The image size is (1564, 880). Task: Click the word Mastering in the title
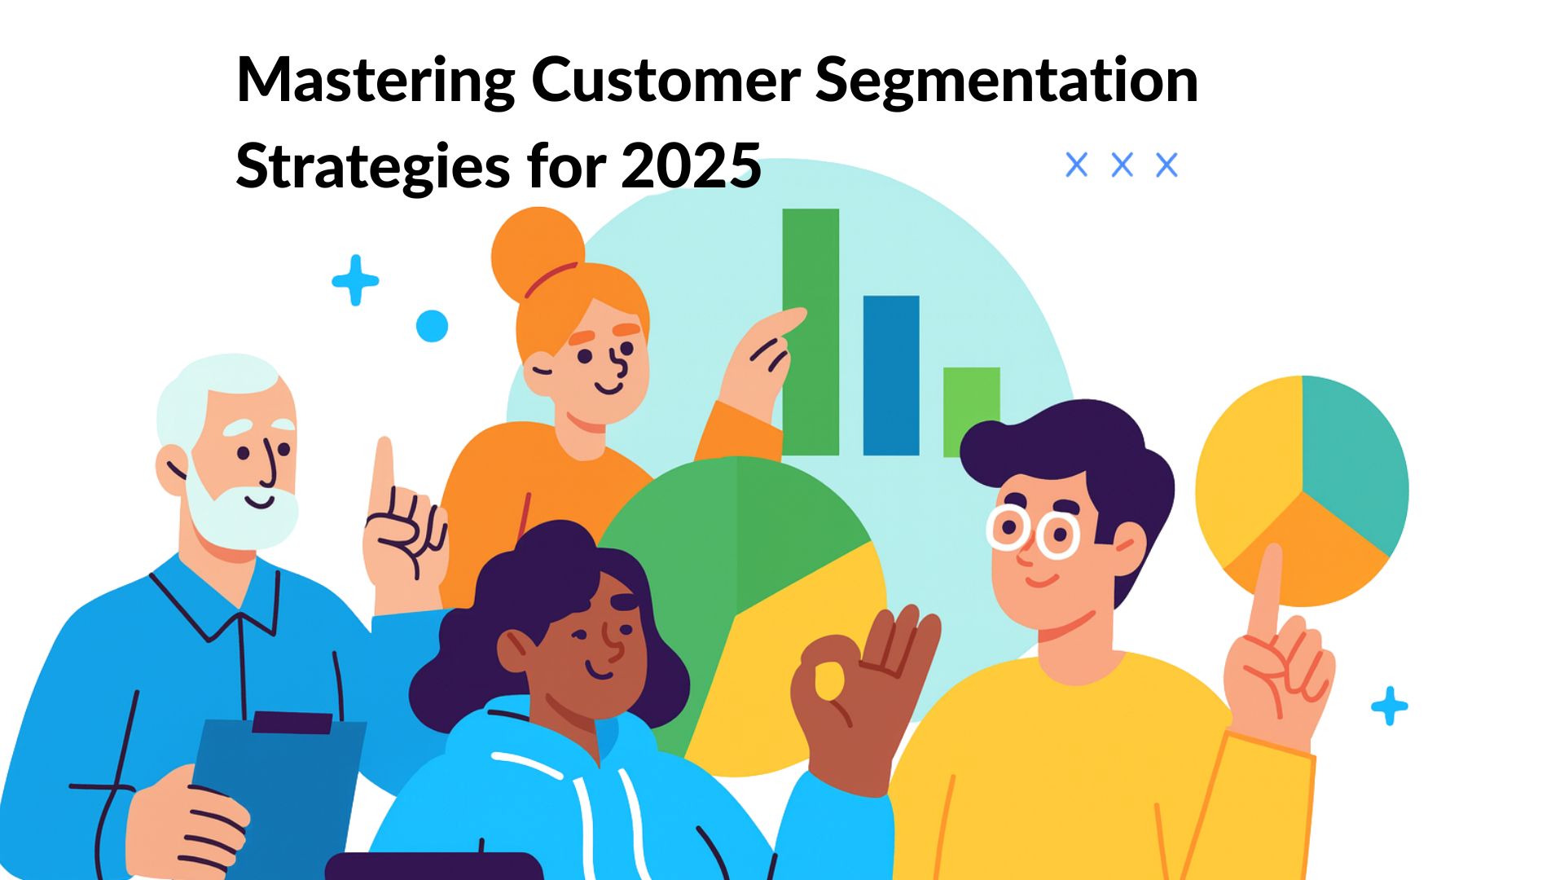(x=375, y=81)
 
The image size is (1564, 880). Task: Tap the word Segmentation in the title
(x=1006, y=81)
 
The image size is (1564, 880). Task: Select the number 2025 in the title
(x=691, y=166)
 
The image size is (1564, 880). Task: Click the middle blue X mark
(x=1122, y=165)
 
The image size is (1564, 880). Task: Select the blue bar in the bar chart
(x=891, y=375)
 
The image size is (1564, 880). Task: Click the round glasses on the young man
(x=1033, y=531)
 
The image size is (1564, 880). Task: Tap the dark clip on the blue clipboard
(x=292, y=722)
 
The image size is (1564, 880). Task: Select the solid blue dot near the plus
(x=432, y=326)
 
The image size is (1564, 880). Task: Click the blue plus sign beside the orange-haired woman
(x=355, y=280)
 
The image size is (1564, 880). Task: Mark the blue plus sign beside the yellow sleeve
(x=1389, y=706)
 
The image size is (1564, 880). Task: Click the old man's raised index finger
(x=384, y=473)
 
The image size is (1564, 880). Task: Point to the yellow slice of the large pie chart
(x=782, y=668)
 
